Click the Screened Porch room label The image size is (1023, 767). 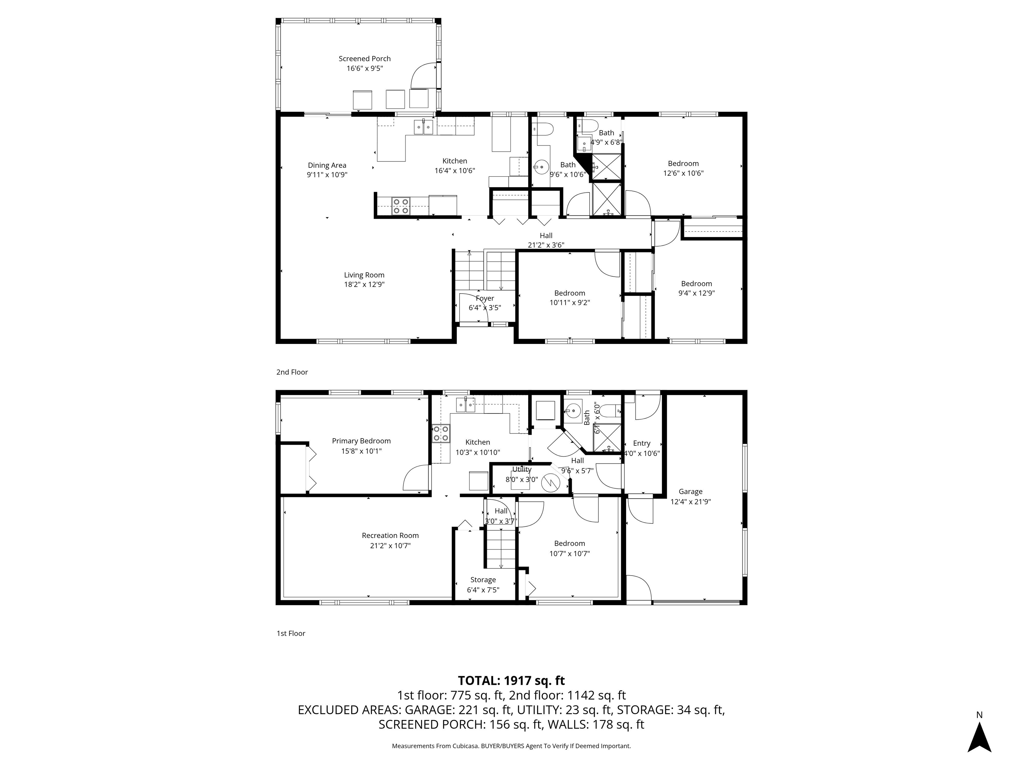point(364,59)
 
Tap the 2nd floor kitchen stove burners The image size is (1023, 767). point(401,206)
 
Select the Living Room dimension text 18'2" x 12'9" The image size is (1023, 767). point(364,285)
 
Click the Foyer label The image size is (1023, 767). point(485,298)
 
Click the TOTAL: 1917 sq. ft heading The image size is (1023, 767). point(511,680)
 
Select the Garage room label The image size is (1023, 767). point(690,491)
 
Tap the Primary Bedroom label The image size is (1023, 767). point(361,441)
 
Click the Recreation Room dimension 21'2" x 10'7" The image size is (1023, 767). point(390,546)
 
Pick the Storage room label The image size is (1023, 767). point(483,580)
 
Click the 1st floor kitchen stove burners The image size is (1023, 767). point(441,434)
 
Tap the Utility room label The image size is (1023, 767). point(522,469)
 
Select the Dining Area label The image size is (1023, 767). point(327,165)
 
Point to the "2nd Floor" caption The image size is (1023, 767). point(292,372)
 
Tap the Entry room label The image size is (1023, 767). point(641,443)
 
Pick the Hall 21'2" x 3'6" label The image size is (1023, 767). point(546,236)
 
